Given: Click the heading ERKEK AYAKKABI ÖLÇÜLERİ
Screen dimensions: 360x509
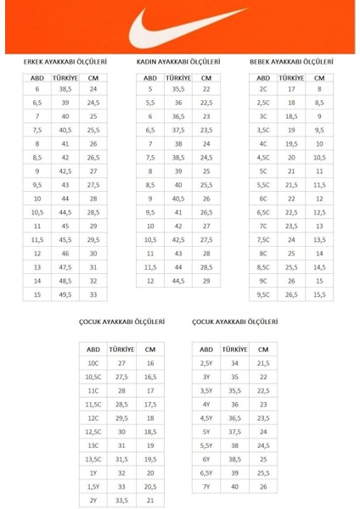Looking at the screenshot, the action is (65, 62).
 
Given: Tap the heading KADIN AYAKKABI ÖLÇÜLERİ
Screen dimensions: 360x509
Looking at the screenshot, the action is (178, 62).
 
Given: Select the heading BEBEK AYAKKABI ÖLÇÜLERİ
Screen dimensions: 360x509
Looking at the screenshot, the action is (291, 62).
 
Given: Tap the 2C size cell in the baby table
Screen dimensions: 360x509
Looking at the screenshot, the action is (263, 89).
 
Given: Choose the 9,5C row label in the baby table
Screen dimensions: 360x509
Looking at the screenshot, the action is (263, 294).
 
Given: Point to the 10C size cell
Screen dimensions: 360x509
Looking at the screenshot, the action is (93, 362).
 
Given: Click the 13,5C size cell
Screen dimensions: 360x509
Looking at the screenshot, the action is (93, 458).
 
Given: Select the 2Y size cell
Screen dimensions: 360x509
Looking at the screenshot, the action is (93, 500).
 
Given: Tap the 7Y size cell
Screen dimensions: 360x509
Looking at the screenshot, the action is (206, 486).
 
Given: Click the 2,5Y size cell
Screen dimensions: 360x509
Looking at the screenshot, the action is (206, 362).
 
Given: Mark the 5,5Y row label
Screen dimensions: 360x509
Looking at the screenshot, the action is (206, 445).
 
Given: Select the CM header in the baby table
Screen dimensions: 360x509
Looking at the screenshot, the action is (319, 76).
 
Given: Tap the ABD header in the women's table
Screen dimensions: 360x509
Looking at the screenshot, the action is (150, 76).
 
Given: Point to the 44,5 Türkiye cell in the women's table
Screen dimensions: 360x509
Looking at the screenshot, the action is (178, 280).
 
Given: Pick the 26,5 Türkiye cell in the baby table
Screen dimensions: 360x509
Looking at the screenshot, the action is (291, 294).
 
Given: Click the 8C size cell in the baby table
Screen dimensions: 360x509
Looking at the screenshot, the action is (263, 253).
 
